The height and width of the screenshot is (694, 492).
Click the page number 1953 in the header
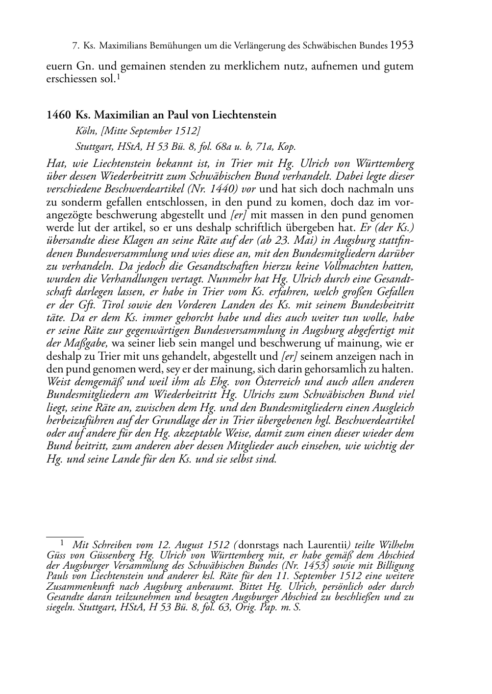(402, 46)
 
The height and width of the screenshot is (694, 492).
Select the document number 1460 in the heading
(58, 115)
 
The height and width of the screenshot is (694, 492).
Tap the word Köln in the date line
(85, 131)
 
